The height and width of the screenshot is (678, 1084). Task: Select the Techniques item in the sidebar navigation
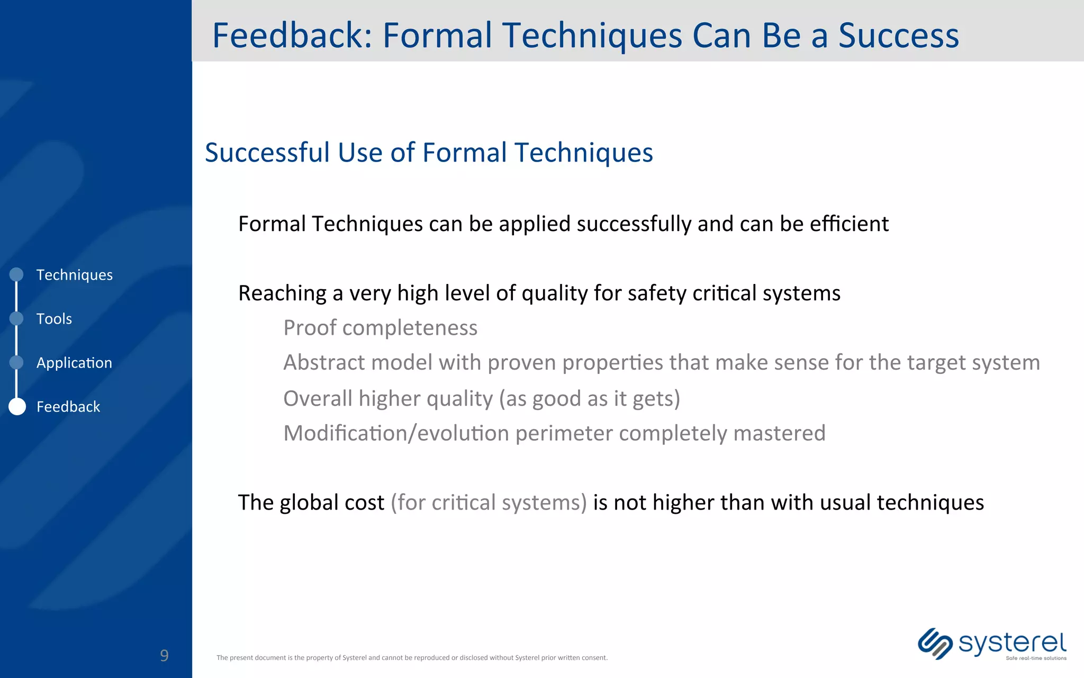pos(74,275)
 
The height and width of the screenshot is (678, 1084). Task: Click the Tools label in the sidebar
pos(54,319)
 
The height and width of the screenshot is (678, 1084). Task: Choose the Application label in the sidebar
pos(74,363)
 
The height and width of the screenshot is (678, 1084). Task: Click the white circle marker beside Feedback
pos(17,406)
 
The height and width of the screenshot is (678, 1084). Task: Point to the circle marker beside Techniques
pos(17,274)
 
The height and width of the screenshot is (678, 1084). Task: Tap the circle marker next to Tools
pos(17,318)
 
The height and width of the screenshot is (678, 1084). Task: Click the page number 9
pos(164,656)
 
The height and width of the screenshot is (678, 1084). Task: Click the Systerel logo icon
pos(935,644)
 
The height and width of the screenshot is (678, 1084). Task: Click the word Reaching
pos(283,293)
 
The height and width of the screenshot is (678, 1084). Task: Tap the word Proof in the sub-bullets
pos(310,328)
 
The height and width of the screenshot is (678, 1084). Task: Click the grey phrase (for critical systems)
pos(489,502)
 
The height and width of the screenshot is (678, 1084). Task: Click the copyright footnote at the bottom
pos(412,658)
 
